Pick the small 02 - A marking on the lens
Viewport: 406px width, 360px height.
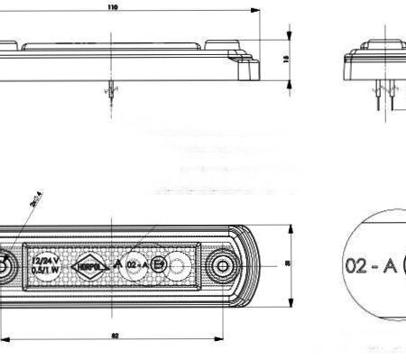pos(137,264)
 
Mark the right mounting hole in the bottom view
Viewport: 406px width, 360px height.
pos(221,264)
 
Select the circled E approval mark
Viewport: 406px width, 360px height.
pos(159,264)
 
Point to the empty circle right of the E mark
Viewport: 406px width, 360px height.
pos(180,264)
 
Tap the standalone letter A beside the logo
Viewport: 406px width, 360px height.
pos(116,263)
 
